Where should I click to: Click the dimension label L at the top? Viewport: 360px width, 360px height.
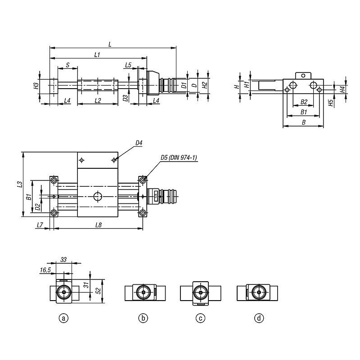[110, 44]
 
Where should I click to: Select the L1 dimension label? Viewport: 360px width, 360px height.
[97, 54]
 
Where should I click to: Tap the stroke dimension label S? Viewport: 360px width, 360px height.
[68, 65]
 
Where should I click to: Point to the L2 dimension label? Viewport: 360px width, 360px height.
[98, 100]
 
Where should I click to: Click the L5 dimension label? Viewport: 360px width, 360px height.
[128, 65]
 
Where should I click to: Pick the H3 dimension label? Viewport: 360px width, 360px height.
[36, 86]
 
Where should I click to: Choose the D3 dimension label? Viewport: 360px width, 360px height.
[126, 98]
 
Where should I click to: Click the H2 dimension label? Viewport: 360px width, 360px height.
[205, 85]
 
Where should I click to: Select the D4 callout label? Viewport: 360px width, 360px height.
[139, 143]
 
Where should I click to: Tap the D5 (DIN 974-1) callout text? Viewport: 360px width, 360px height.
[179, 157]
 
